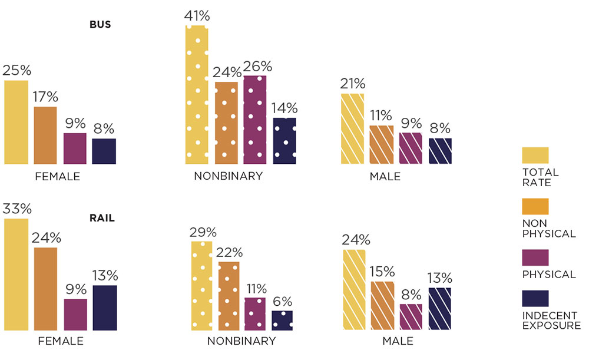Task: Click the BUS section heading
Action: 101,25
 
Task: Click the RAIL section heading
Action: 102,218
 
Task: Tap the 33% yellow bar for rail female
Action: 16,274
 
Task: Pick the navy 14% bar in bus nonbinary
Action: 284,141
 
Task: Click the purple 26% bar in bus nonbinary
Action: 255,120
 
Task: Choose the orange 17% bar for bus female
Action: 45,136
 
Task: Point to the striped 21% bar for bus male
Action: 353,128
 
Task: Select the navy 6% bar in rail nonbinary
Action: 282,321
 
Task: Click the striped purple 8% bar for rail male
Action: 411,317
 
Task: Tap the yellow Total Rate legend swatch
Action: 535,156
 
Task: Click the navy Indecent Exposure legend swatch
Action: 535,299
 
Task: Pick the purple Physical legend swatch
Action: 535,257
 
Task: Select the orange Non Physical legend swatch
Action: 535,206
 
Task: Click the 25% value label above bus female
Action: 16,71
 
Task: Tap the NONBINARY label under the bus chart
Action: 228,176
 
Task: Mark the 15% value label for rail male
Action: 383,272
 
